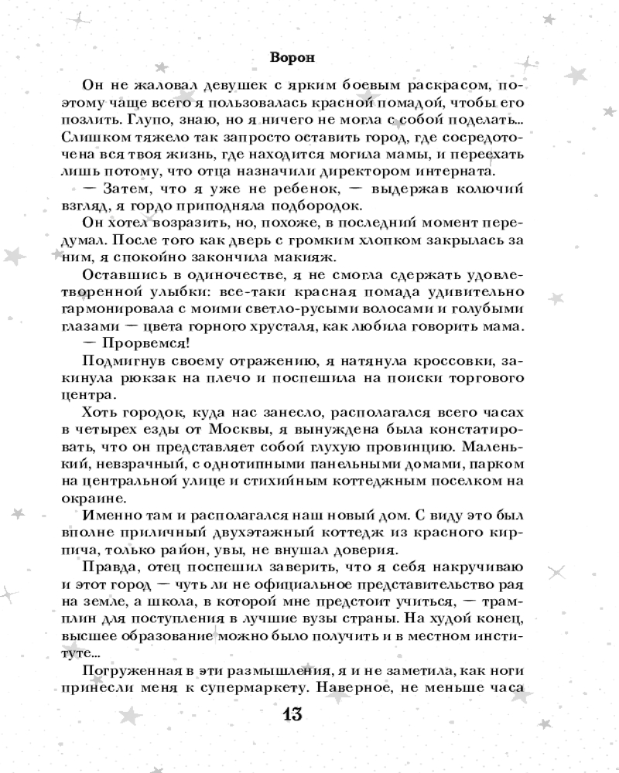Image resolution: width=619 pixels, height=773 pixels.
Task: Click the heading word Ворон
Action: (x=292, y=56)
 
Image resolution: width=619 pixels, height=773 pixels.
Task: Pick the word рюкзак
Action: (x=169, y=378)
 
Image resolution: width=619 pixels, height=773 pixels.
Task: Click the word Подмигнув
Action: (x=121, y=361)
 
